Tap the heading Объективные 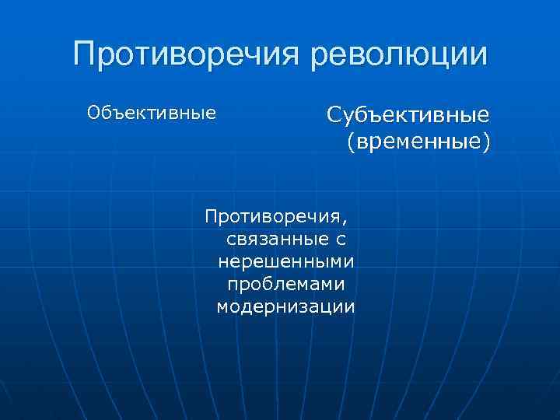click(x=152, y=114)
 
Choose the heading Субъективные click(x=408, y=116)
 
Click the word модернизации click(x=285, y=306)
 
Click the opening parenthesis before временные click(x=352, y=143)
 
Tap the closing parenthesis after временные click(x=486, y=143)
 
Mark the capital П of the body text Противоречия click(x=209, y=214)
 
